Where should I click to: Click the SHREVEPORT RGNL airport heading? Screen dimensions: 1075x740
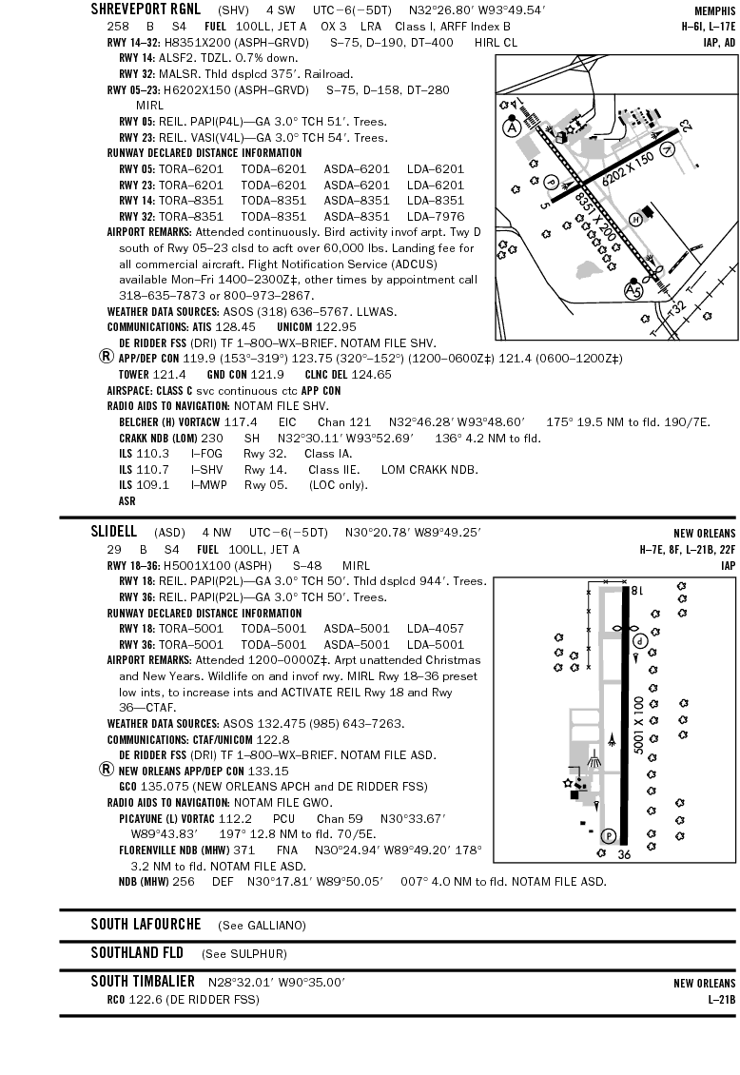click(x=146, y=10)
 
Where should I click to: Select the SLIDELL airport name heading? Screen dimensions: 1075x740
click(x=114, y=531)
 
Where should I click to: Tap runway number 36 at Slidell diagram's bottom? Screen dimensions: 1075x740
click(x=624, y=854)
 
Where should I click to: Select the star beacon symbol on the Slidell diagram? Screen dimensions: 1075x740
click(x=569, y=782)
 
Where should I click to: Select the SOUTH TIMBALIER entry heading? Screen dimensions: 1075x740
click(x=143, y=981)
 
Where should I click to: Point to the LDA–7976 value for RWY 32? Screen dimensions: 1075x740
click(x=436, y=216)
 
